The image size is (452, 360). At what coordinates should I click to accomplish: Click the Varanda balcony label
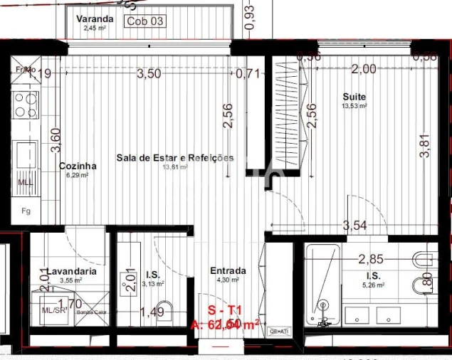point(94,20)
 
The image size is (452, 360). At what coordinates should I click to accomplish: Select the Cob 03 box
point(145,21)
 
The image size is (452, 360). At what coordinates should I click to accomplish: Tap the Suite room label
point(354,97)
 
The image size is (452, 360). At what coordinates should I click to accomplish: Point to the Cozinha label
point(78,166)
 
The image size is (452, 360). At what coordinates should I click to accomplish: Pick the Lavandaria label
point(68,271)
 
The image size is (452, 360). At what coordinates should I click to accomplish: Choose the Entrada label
point(228,270)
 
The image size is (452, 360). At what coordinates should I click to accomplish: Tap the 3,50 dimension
point(149,73)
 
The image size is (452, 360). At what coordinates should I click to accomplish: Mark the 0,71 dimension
point(248,73)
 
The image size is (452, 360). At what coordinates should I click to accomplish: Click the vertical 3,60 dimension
point(46,135)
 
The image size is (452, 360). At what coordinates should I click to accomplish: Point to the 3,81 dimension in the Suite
point(425,147)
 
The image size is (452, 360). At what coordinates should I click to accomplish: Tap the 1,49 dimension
point(152,311)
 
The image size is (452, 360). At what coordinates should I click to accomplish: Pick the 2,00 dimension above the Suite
point(364,69)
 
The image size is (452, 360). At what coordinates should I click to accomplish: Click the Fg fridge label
point(26,211)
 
